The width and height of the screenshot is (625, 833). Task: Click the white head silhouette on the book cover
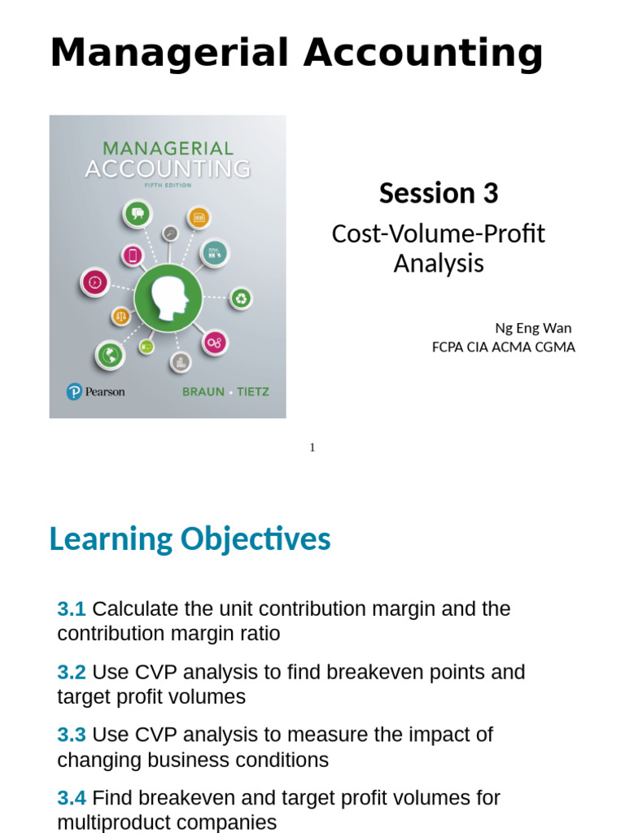click(169, 299)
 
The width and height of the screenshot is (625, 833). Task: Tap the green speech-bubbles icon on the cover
click(138, 214)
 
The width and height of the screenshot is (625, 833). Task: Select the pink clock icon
click(94, 282)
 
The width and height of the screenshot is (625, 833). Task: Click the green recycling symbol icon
click(242, 299)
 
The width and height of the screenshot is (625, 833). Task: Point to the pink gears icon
click(215, 342)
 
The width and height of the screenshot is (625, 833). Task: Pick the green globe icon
click(109, 355)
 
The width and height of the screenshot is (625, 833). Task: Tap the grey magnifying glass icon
click(170, 233)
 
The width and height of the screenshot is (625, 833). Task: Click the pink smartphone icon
click(132, 255)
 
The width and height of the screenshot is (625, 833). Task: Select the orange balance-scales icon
click(121, 316)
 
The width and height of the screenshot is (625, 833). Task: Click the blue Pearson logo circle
click(75, 392)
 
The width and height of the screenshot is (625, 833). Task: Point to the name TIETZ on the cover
click(251, 392)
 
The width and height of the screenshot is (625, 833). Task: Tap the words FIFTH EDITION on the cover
click(168, 185)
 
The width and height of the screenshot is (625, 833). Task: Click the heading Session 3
click(439, 194)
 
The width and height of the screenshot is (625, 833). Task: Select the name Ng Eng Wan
click(533, 328)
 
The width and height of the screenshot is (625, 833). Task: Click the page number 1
click(312, 447)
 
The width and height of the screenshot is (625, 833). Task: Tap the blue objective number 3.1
click(72, 608)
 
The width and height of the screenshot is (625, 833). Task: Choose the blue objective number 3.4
click(72, 798)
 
